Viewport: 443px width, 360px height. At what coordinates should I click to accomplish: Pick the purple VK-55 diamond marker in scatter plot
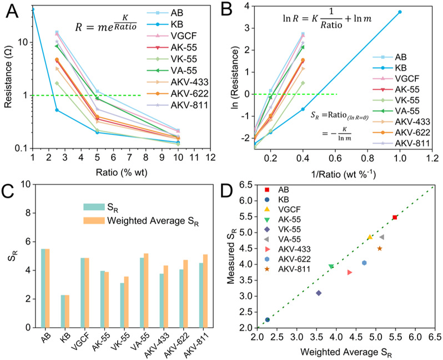(x=319, y=293)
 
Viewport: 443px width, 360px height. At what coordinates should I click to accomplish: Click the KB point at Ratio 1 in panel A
(x=32, y=9)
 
